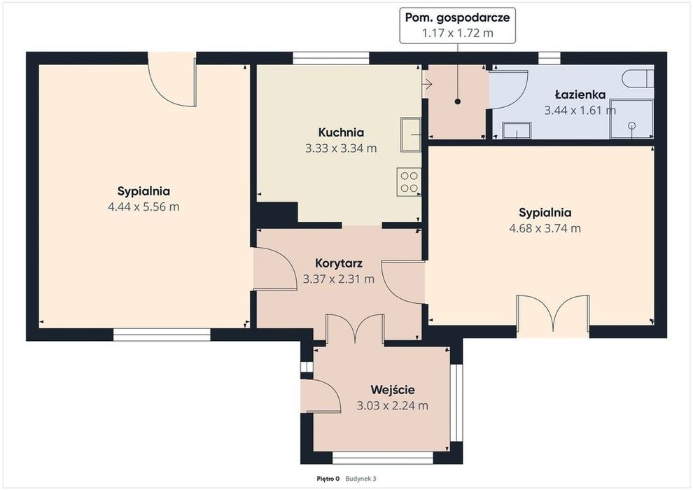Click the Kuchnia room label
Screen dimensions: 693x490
pyautogui.click(x=341, y=132)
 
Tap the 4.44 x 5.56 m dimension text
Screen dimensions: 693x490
pyautogui.click(x=143, y=206)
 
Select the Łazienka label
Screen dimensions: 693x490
pyautogui.click(x=580, y=94)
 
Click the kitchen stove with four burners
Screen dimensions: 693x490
pyautogui.click(x=409, y=181)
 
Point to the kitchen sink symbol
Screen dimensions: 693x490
pyautogui.click(x=411, y=134)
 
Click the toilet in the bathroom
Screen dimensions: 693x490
pyautogui.click(x=637, y=78)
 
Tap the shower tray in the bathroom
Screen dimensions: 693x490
pyautogui.click(x=631, y=119)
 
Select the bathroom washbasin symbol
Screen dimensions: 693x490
pyautogui.click(x=516, y=130)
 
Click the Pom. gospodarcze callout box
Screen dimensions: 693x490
pyautogui.click(x=457, y=25)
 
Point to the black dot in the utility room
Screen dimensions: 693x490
pyautogui.click(x=457, y=101)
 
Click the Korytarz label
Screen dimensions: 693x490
pyautogui.click(x=339, y=263)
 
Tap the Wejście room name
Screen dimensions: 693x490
pyautogui.click(x=393, y=390)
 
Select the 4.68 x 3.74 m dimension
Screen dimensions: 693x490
pyautogui.click(x=545, y=228)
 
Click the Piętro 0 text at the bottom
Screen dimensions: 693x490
pyautogui.click(x=328, y=479)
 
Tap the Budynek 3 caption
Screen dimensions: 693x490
pyautogui.click(x=360, y=479)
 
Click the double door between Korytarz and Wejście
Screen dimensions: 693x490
pyautogui.click(x=355, y=328)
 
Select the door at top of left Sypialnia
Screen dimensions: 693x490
pyautogui.click(x=172, y=80)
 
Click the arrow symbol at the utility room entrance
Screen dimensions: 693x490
pyautogui.click(x=427, y=83)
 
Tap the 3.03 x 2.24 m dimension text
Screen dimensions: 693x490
pyautogui.click(x=393, y=405)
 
